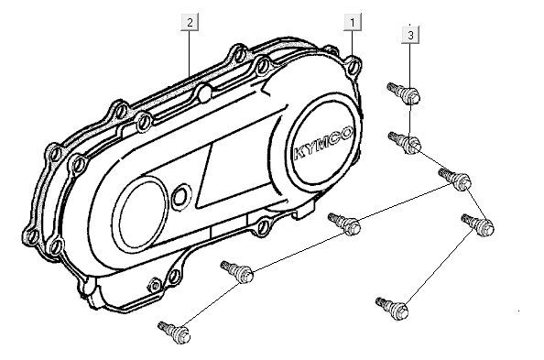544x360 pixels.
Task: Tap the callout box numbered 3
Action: [x=411, y=34]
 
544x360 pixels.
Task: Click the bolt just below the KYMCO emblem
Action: [x=344, y=223]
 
